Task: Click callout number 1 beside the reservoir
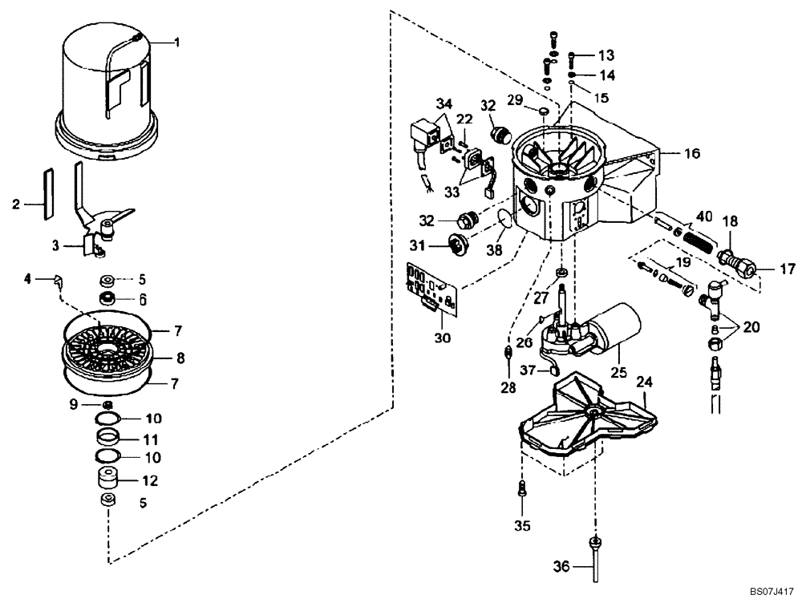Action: [178, 42]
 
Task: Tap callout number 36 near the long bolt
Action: [560, 566]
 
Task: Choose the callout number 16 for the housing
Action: [670, 151]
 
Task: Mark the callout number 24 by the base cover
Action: [644, 382]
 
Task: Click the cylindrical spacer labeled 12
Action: [107, 482]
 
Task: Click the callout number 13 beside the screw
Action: [606, 55]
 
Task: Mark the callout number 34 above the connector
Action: [444, 103]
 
